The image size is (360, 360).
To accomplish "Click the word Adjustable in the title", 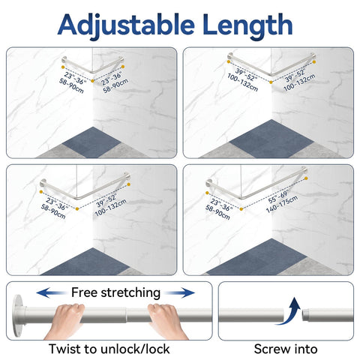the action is [x=126, y=25].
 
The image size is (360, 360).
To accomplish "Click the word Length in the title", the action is [x=247, y=25].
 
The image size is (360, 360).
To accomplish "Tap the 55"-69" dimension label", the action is [x=278, y=196].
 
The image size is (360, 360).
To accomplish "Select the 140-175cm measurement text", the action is [x=282, y=204].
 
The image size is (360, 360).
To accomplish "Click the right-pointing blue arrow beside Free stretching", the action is [x=179, y=292].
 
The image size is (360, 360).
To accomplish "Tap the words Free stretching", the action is [x=115, y=292].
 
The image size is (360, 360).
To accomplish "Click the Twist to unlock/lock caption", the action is [x=109, y=349].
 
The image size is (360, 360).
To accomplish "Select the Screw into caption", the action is [x=286, y=349].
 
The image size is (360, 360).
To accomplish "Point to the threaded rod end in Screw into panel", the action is [x=306, y=316].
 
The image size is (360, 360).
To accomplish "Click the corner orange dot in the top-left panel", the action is [x=93, y=81].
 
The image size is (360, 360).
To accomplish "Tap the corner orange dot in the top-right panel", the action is [x=271, y=82].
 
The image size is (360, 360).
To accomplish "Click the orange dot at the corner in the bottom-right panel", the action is [x=241, y=209].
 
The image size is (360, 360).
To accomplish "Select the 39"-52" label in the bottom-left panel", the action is [x=106, y=201].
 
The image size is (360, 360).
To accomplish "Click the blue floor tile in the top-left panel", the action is [x=91, y=142].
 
